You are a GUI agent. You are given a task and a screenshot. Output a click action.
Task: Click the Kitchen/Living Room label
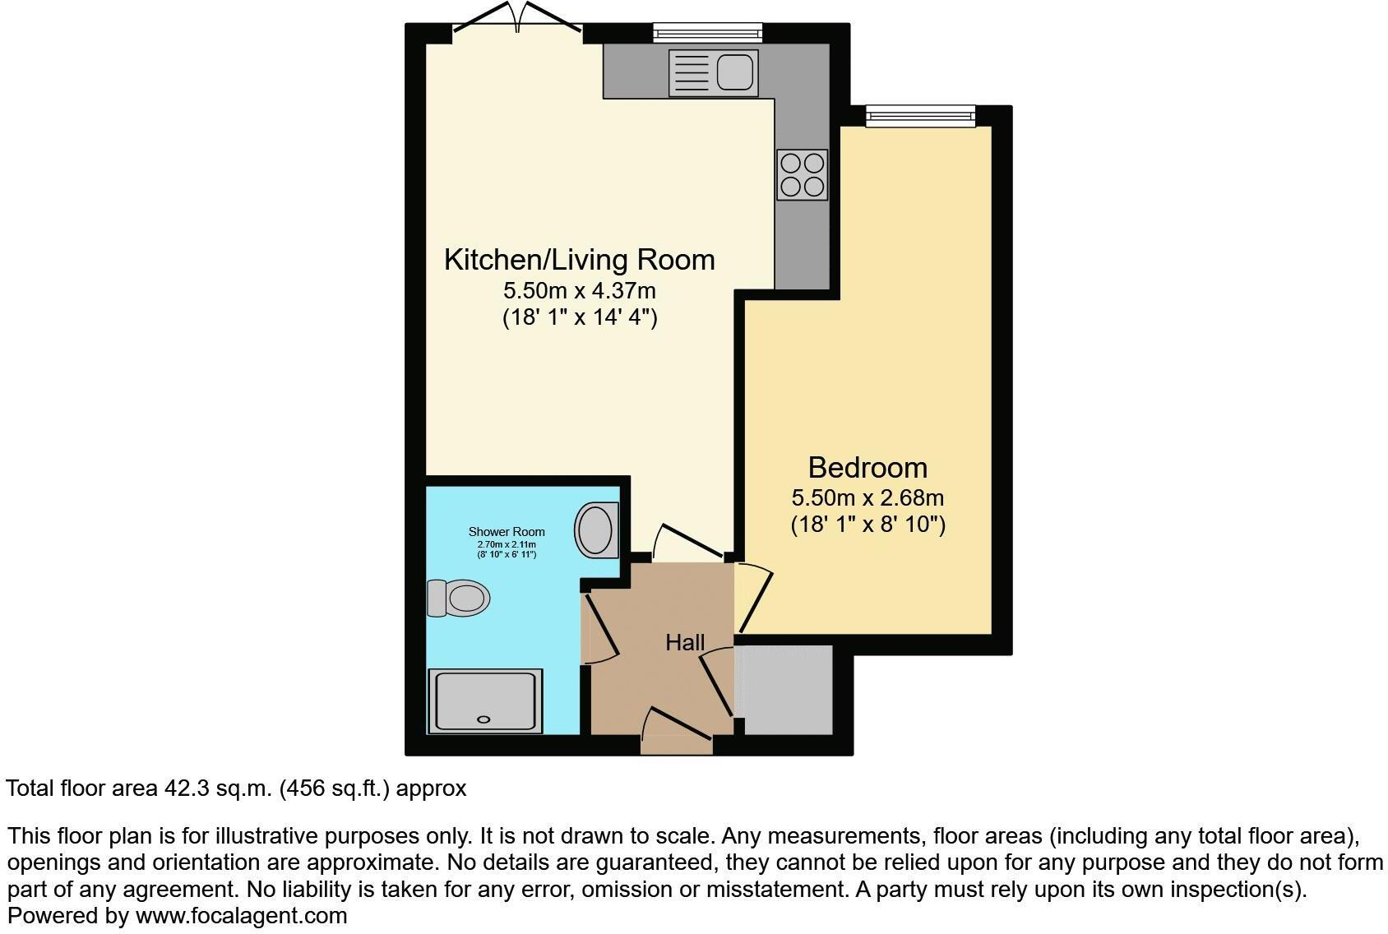click(x=579, y=260)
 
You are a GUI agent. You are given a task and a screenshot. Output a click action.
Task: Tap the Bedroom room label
click(x=867, y=468)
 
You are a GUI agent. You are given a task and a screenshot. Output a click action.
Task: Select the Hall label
click(x=685, y=642)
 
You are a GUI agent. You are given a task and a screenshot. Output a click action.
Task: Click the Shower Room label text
click(x=507, y=532)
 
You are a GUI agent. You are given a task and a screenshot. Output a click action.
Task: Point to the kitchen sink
click(x=712, y=71)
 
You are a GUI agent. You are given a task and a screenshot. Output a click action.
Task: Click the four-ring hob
click(x=802, y=175)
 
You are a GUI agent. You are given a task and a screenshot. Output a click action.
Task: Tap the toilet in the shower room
click(x=459, y=598)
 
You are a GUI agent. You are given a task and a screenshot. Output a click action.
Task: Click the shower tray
click(x=485, y=700)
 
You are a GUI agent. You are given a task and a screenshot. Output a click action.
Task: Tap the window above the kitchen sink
click(x=707, y=33)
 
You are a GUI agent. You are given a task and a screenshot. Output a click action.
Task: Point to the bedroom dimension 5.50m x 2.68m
click(x=867, y=498)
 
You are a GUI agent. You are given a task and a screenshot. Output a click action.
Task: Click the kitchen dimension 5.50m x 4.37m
click(x=579, y=291)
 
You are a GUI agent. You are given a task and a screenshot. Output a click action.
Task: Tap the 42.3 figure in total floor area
click(x=181, y=788)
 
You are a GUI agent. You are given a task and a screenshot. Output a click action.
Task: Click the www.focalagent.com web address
click(x=241, y=916)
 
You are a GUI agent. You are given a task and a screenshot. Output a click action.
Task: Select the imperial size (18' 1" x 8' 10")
click(x=867, y=525)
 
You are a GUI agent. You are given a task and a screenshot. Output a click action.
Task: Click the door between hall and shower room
click(x=599, y=627)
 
